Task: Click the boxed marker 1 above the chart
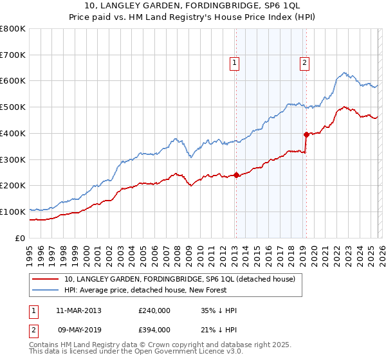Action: (235, 63)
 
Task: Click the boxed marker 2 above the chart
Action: (304, 63)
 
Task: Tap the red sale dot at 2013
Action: (236, 175)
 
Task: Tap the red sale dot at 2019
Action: (306, 134)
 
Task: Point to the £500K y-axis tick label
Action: (13, 107)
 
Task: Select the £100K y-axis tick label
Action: (13, 212)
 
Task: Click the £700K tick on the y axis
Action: (13, 55)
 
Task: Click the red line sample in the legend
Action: (46, 279)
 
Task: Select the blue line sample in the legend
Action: (46, 290)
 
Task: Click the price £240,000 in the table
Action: (154, 310)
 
